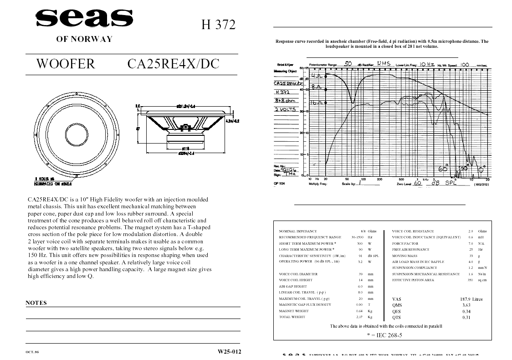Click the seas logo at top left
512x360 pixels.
pos(84,19)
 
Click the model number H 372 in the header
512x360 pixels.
pos(219,25)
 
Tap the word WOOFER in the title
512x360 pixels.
pos(66,64)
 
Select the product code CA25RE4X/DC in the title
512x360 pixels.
pos(173,64)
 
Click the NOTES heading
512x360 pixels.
pos(36,303)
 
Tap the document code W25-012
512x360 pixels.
pos(229,351)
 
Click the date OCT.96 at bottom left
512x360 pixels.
pos(32,352)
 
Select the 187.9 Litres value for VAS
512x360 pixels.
pos(471,299)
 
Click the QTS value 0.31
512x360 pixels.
pos(466,317)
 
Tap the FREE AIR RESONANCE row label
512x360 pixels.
pos(410,250)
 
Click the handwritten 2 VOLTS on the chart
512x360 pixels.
pos(285,109)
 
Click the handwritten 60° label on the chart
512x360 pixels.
pos(443,169)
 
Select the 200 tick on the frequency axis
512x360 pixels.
pos(379,179)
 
